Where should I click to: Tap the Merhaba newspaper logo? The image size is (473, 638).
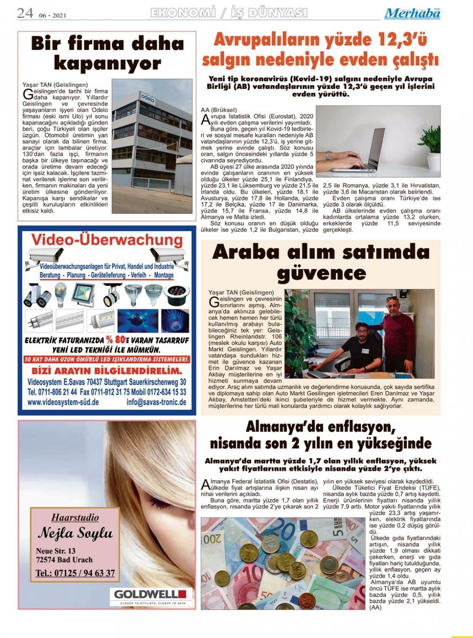412,13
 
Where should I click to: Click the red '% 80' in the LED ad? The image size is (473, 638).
115,339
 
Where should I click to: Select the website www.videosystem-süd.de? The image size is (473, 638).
63,402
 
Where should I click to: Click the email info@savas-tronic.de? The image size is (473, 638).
156,402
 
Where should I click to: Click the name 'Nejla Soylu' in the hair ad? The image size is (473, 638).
75,533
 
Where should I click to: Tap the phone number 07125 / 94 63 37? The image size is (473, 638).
75,573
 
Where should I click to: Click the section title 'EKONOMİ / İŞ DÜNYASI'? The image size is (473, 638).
229,13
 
